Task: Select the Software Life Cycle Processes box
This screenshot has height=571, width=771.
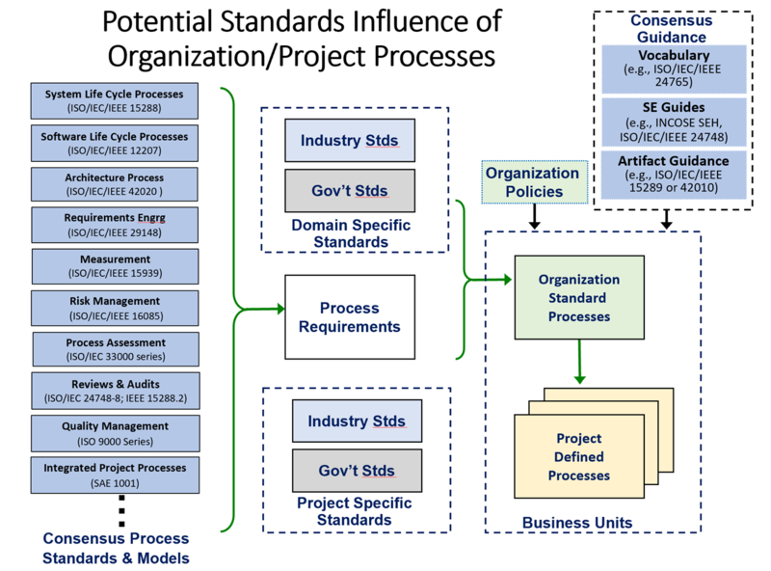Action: (x=115, y=142)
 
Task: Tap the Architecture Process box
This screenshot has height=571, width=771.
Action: (x=115, y=183)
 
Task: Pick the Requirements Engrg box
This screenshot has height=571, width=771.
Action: (x=115, y=225)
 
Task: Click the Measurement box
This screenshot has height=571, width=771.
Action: (x=115, y=265)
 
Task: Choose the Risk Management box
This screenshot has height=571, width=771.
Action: (x=115, y=307)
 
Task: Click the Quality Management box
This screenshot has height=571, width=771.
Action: (x=115, y=431)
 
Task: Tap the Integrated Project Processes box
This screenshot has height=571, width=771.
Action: (x=115, y=474)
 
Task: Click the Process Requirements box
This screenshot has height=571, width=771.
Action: (x=350, y=317)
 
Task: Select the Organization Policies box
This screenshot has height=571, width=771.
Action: (x=533, y=182)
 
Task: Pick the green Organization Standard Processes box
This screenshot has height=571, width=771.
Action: (x=579, y=298)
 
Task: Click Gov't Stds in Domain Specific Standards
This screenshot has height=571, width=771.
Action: (x=348, y=190)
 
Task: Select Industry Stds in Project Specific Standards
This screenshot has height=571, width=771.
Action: (x=357, y=421)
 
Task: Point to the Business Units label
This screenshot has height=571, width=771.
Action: (x=577, y=523)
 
